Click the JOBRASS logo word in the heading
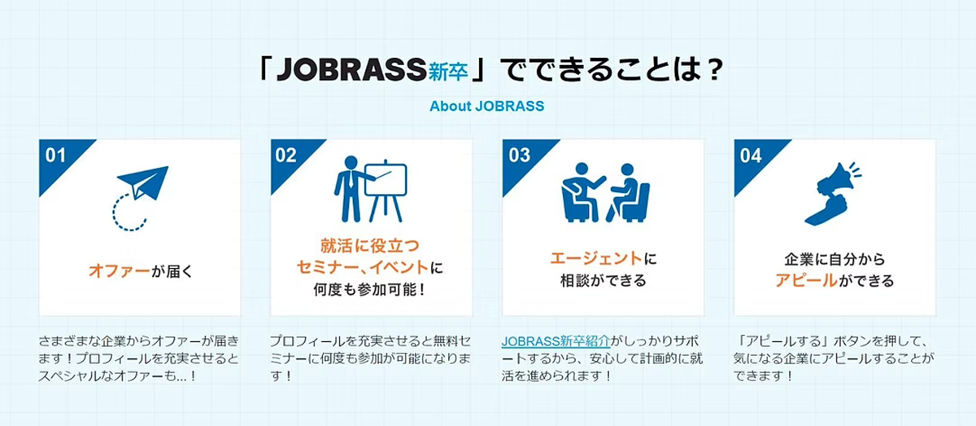351,69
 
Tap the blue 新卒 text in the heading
448,71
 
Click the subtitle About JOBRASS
486,106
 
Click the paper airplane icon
143,182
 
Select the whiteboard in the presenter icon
386,180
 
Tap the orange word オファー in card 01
120,271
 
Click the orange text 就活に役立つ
370,246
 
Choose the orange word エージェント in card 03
595,258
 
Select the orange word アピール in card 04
806,280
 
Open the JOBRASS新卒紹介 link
556,341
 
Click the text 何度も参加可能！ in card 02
370,289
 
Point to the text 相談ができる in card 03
603,280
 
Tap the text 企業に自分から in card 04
834,259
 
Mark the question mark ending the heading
715,70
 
